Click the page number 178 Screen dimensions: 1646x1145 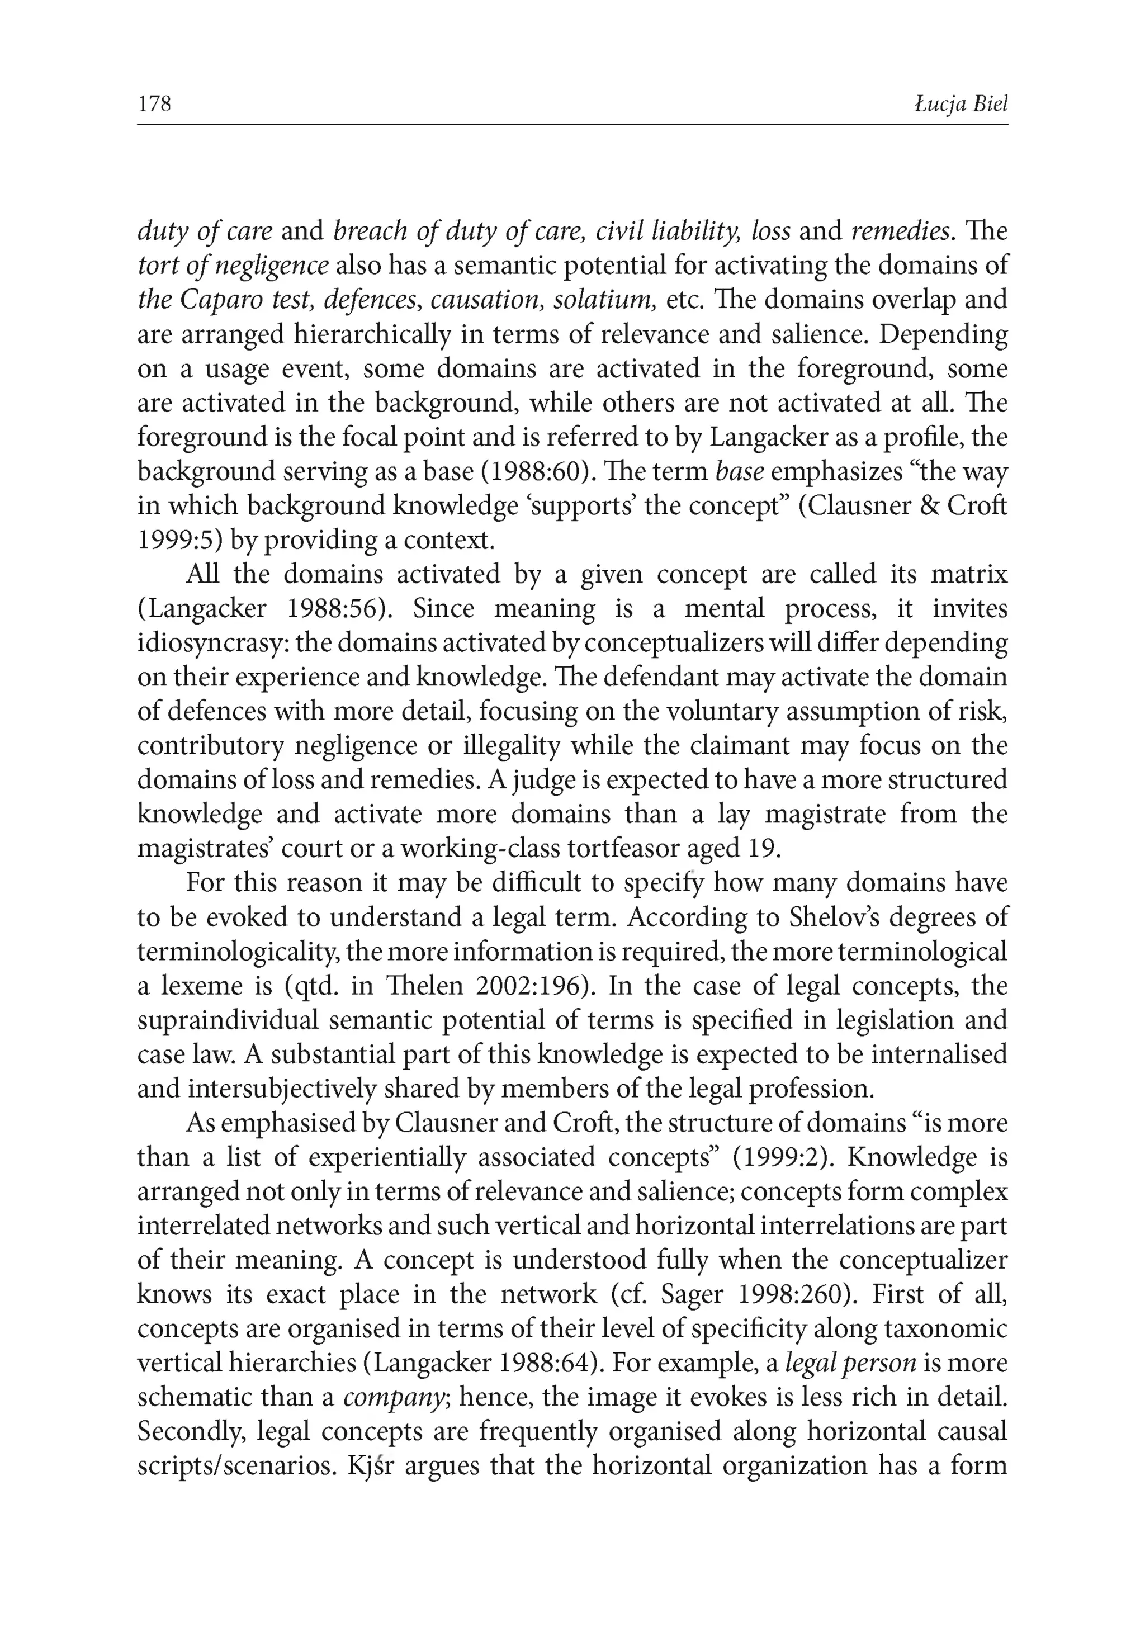[154, 105]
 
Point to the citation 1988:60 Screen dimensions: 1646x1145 [549, 472]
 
